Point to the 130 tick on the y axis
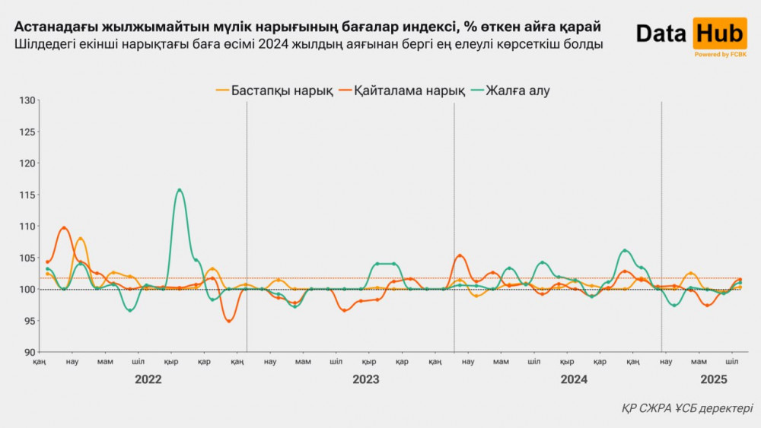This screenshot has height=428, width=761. click(x=27, y=100)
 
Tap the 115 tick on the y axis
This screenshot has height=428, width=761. click(x=27, y=195)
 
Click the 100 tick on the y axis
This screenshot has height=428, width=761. click(x=27, y=290)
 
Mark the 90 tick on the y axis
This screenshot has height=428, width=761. click(x=27, y=353)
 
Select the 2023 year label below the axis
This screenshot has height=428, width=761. click(x=366, y=379)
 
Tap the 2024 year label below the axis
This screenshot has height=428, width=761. click(x=574, y=379)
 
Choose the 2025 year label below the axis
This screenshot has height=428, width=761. click(x=714, y=379)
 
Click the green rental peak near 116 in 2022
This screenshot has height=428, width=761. click(x=179, y=190)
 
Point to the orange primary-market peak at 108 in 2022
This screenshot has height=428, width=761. click(x=81, y=239)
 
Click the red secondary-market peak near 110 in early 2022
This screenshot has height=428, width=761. click(x=64, y=227)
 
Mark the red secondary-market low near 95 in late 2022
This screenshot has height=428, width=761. click(x=228, y=321)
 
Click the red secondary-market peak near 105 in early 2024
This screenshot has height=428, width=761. click(x=459, y=255)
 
